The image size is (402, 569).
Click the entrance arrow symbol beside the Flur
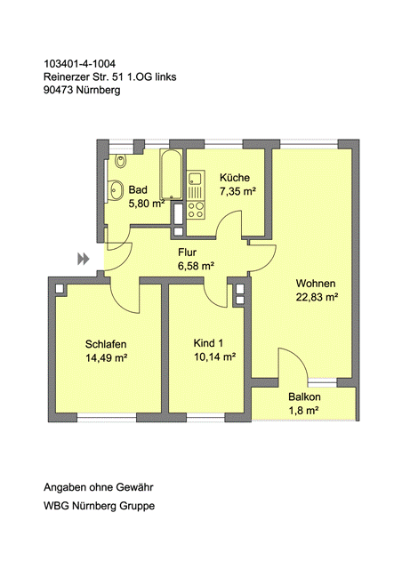(84, 259)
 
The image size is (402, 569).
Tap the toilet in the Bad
(120, 161)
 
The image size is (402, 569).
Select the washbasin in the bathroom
(117, 189)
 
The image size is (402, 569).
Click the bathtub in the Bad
(171, 174)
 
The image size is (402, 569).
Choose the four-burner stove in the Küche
(196, 210)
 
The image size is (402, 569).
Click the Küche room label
(235, 178)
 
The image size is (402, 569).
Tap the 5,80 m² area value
(147, 204)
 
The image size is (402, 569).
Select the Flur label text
(187, 252)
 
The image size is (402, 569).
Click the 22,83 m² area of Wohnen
(317, 297)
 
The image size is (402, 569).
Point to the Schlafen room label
(106, 344)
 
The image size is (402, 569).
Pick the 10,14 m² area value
(214, 357)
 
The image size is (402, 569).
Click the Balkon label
(304, 397)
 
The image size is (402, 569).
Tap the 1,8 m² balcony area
(303, 411)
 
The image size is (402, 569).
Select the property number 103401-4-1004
(79, 64)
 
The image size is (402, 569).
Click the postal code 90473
(59, 90)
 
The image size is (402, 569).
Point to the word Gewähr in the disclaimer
(134, 487)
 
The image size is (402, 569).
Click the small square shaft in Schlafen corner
(60, 288)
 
